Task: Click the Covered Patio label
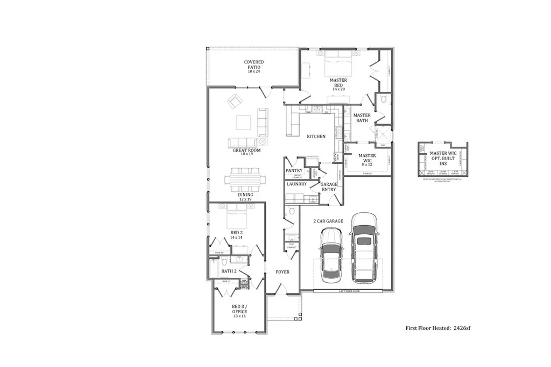tap(254, 67)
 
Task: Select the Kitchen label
tap(316, 136)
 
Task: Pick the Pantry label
tap(294, 170)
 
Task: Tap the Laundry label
tap(296, 184)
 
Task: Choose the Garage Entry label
tap(329, 186)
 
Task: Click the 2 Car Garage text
tap(329, 221)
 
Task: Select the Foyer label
tap(282, 272)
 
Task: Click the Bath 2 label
tap(230, 271)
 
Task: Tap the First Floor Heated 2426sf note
tap(438, 327)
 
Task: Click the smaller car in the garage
tap(331, 254)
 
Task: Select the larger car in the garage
tap(364, 247)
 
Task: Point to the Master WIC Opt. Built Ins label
tap(443, 159)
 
